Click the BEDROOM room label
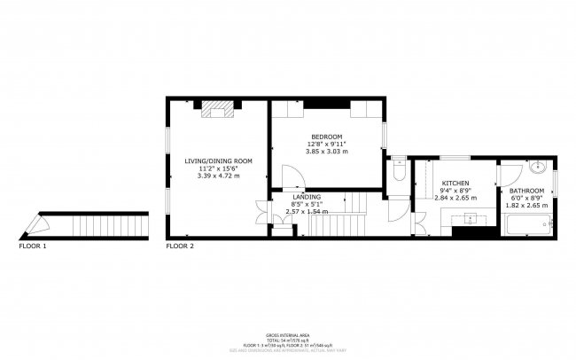point(327,136)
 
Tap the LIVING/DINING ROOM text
point(218,160)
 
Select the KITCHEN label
point(455,183)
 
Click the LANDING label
point(306,197)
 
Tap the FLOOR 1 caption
point(33,246)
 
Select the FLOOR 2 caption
point(180,246)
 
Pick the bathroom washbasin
point(538,168)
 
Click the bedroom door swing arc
point(289,176)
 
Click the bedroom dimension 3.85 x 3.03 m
point(327,151)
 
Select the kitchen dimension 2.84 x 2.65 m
point(455,198)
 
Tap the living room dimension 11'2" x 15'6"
point(218,168)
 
